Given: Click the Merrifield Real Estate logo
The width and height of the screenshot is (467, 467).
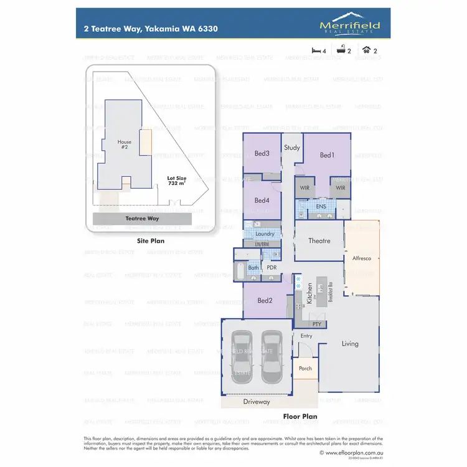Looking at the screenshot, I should pos(349,24).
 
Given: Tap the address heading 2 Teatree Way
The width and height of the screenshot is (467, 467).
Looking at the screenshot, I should pos(150,29).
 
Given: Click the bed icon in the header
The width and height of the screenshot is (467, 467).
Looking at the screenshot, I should pos(316,49).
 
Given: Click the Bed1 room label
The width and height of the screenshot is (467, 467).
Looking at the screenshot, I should pos(327,155).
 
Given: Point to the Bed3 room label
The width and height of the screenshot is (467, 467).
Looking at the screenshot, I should pos(262,154).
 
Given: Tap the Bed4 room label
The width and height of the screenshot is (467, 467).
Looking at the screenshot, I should pos(262,200).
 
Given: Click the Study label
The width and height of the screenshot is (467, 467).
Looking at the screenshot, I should pos(292,148).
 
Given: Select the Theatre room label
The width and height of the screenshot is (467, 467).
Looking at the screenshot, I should pos(319,241).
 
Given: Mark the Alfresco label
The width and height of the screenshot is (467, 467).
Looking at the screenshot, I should pos(362,257).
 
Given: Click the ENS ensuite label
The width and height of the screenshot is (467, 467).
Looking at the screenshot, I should pos(321,207).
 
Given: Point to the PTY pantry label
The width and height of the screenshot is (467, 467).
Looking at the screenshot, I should pos(316,324).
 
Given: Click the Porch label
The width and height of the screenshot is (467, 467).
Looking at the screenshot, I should pos(305,368).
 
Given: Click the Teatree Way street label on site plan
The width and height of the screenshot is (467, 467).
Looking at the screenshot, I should pos(142,219).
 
